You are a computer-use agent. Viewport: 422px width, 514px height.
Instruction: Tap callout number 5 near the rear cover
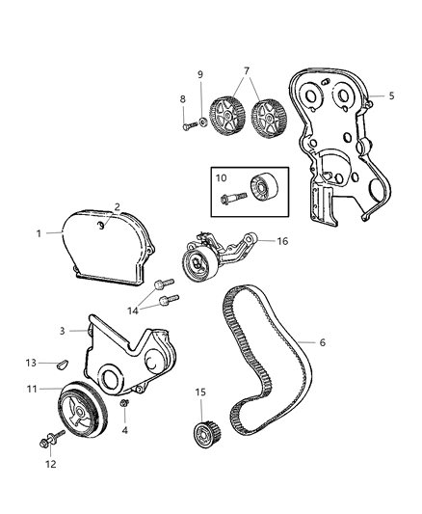tap(391, 95)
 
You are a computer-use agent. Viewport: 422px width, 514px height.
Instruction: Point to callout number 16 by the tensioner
tap(282, 243)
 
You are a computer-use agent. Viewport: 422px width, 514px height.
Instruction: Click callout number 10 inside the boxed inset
tap(221, 178)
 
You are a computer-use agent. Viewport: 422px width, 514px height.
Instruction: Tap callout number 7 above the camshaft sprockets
tap(246, 72)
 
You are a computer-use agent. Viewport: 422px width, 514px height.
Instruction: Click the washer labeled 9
tap(202, 122)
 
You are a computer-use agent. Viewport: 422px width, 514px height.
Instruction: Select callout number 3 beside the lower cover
tap(62, 331)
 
